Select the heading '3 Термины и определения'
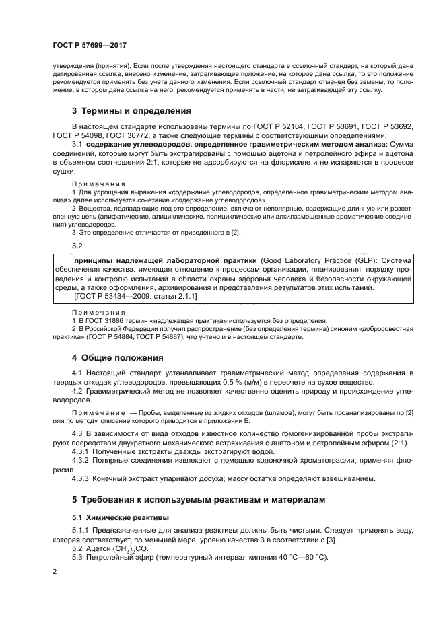132,110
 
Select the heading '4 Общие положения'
118,357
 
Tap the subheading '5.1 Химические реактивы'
111,518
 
